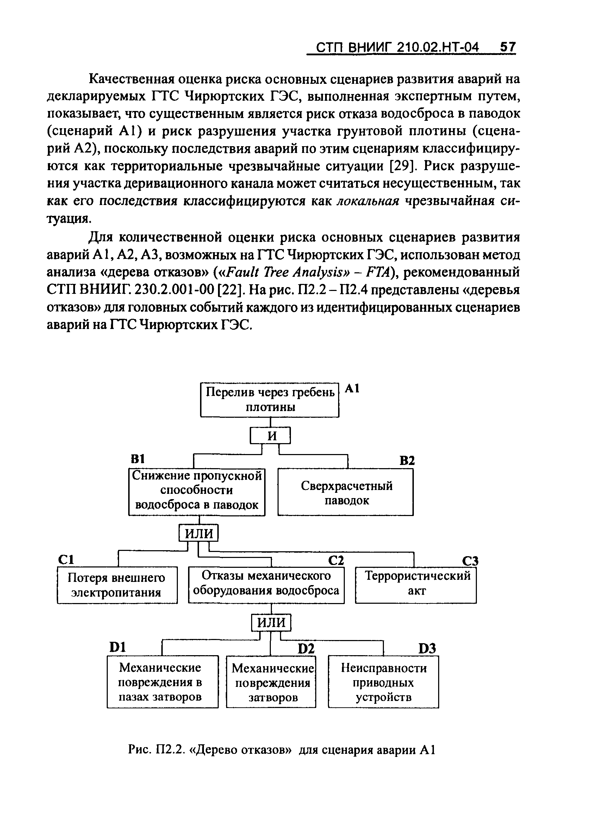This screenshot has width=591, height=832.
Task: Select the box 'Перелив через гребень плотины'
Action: tap(270, 400)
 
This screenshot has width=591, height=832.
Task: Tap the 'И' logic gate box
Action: tap(270, 436)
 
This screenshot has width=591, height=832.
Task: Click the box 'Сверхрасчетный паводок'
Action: tap(346, 493)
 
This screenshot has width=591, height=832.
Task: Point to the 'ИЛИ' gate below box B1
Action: tap(199, 534)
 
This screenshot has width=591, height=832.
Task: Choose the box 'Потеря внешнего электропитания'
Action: tap(117, 585)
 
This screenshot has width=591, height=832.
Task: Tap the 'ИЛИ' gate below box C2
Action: tap(272, 622)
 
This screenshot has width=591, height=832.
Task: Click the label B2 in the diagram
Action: tap(407, 461)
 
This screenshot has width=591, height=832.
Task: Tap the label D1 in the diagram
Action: tap(118, 647)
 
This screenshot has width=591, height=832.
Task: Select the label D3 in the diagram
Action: tap(427, 648)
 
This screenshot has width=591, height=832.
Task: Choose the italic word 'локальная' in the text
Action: tap(368, 201)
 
